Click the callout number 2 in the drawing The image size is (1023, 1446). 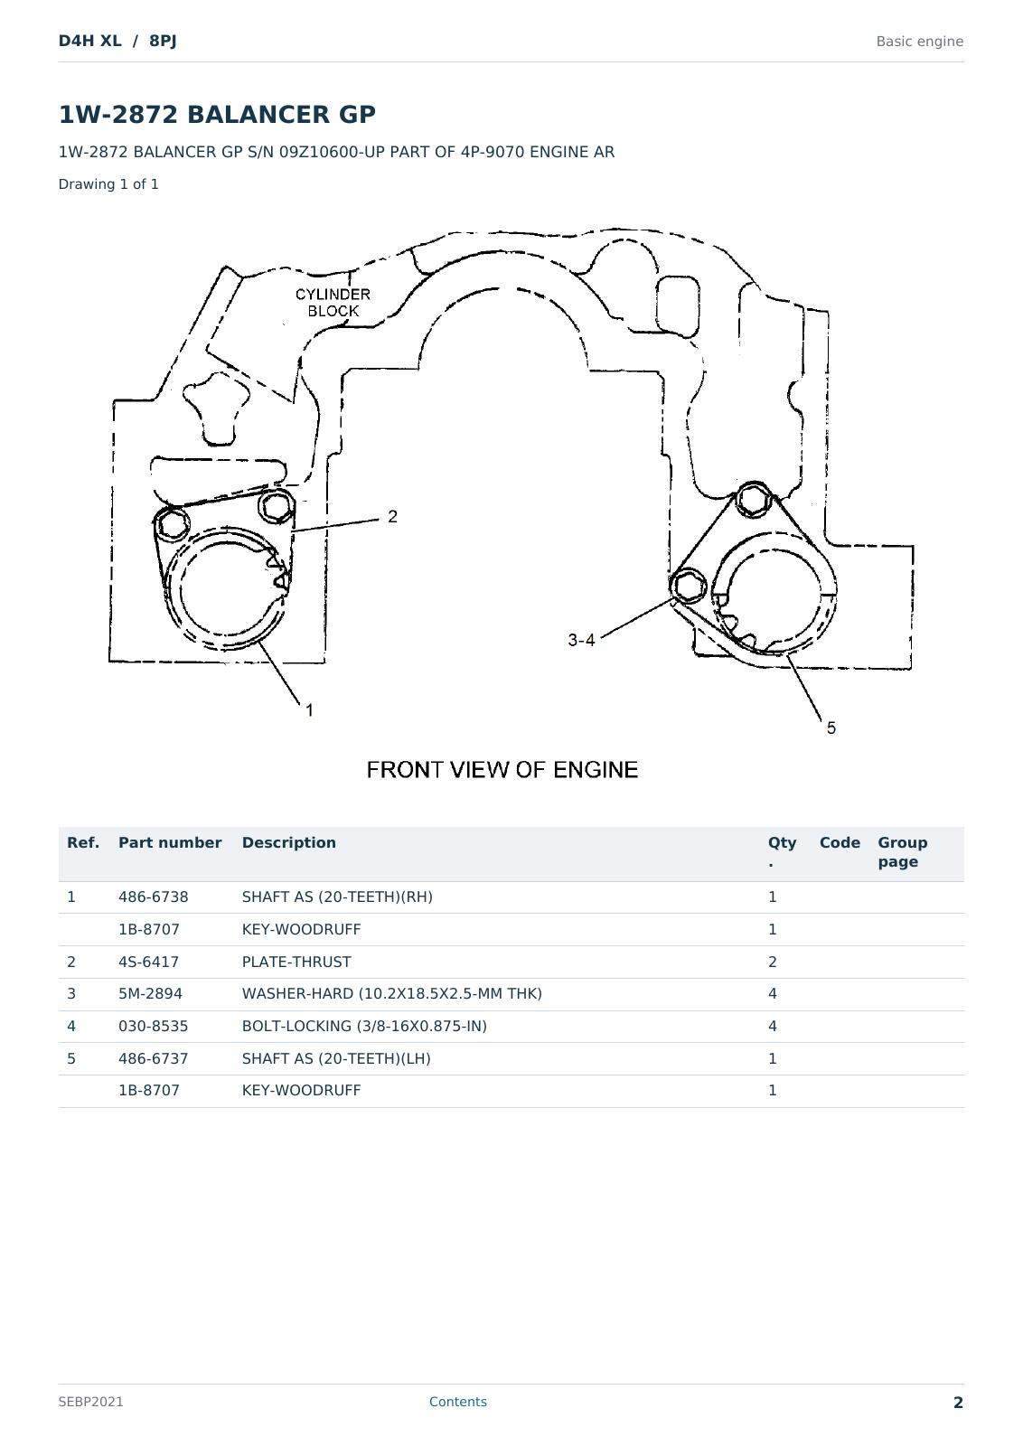click(392, 516)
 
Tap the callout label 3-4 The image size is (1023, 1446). click(581, 640)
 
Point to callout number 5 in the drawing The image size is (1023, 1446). click(831, 728)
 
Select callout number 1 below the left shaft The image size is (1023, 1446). click(309, 710)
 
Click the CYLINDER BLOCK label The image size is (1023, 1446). click(333, 303)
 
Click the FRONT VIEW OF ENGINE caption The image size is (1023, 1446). click(502, 769)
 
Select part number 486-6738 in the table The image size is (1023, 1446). click(153, 897)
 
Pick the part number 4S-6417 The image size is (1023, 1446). click(148, 962)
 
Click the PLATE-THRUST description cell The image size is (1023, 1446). click(296, 962)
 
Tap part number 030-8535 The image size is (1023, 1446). click(153, 1026)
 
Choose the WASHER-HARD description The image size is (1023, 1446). click(392, 993)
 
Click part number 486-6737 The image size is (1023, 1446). click(153, 1058)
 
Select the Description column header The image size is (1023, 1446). click(288, 842)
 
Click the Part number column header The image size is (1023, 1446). click(170, 842)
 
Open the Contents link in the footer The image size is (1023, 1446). click(457, 1402)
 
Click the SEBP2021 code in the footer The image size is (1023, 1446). click(90, 1402)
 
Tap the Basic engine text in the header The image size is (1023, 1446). click(919, 42)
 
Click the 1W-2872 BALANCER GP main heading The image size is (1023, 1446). click(217, 114)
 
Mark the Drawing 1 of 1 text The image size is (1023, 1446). click(108, 184)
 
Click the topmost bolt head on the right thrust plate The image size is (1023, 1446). click(753, 500)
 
